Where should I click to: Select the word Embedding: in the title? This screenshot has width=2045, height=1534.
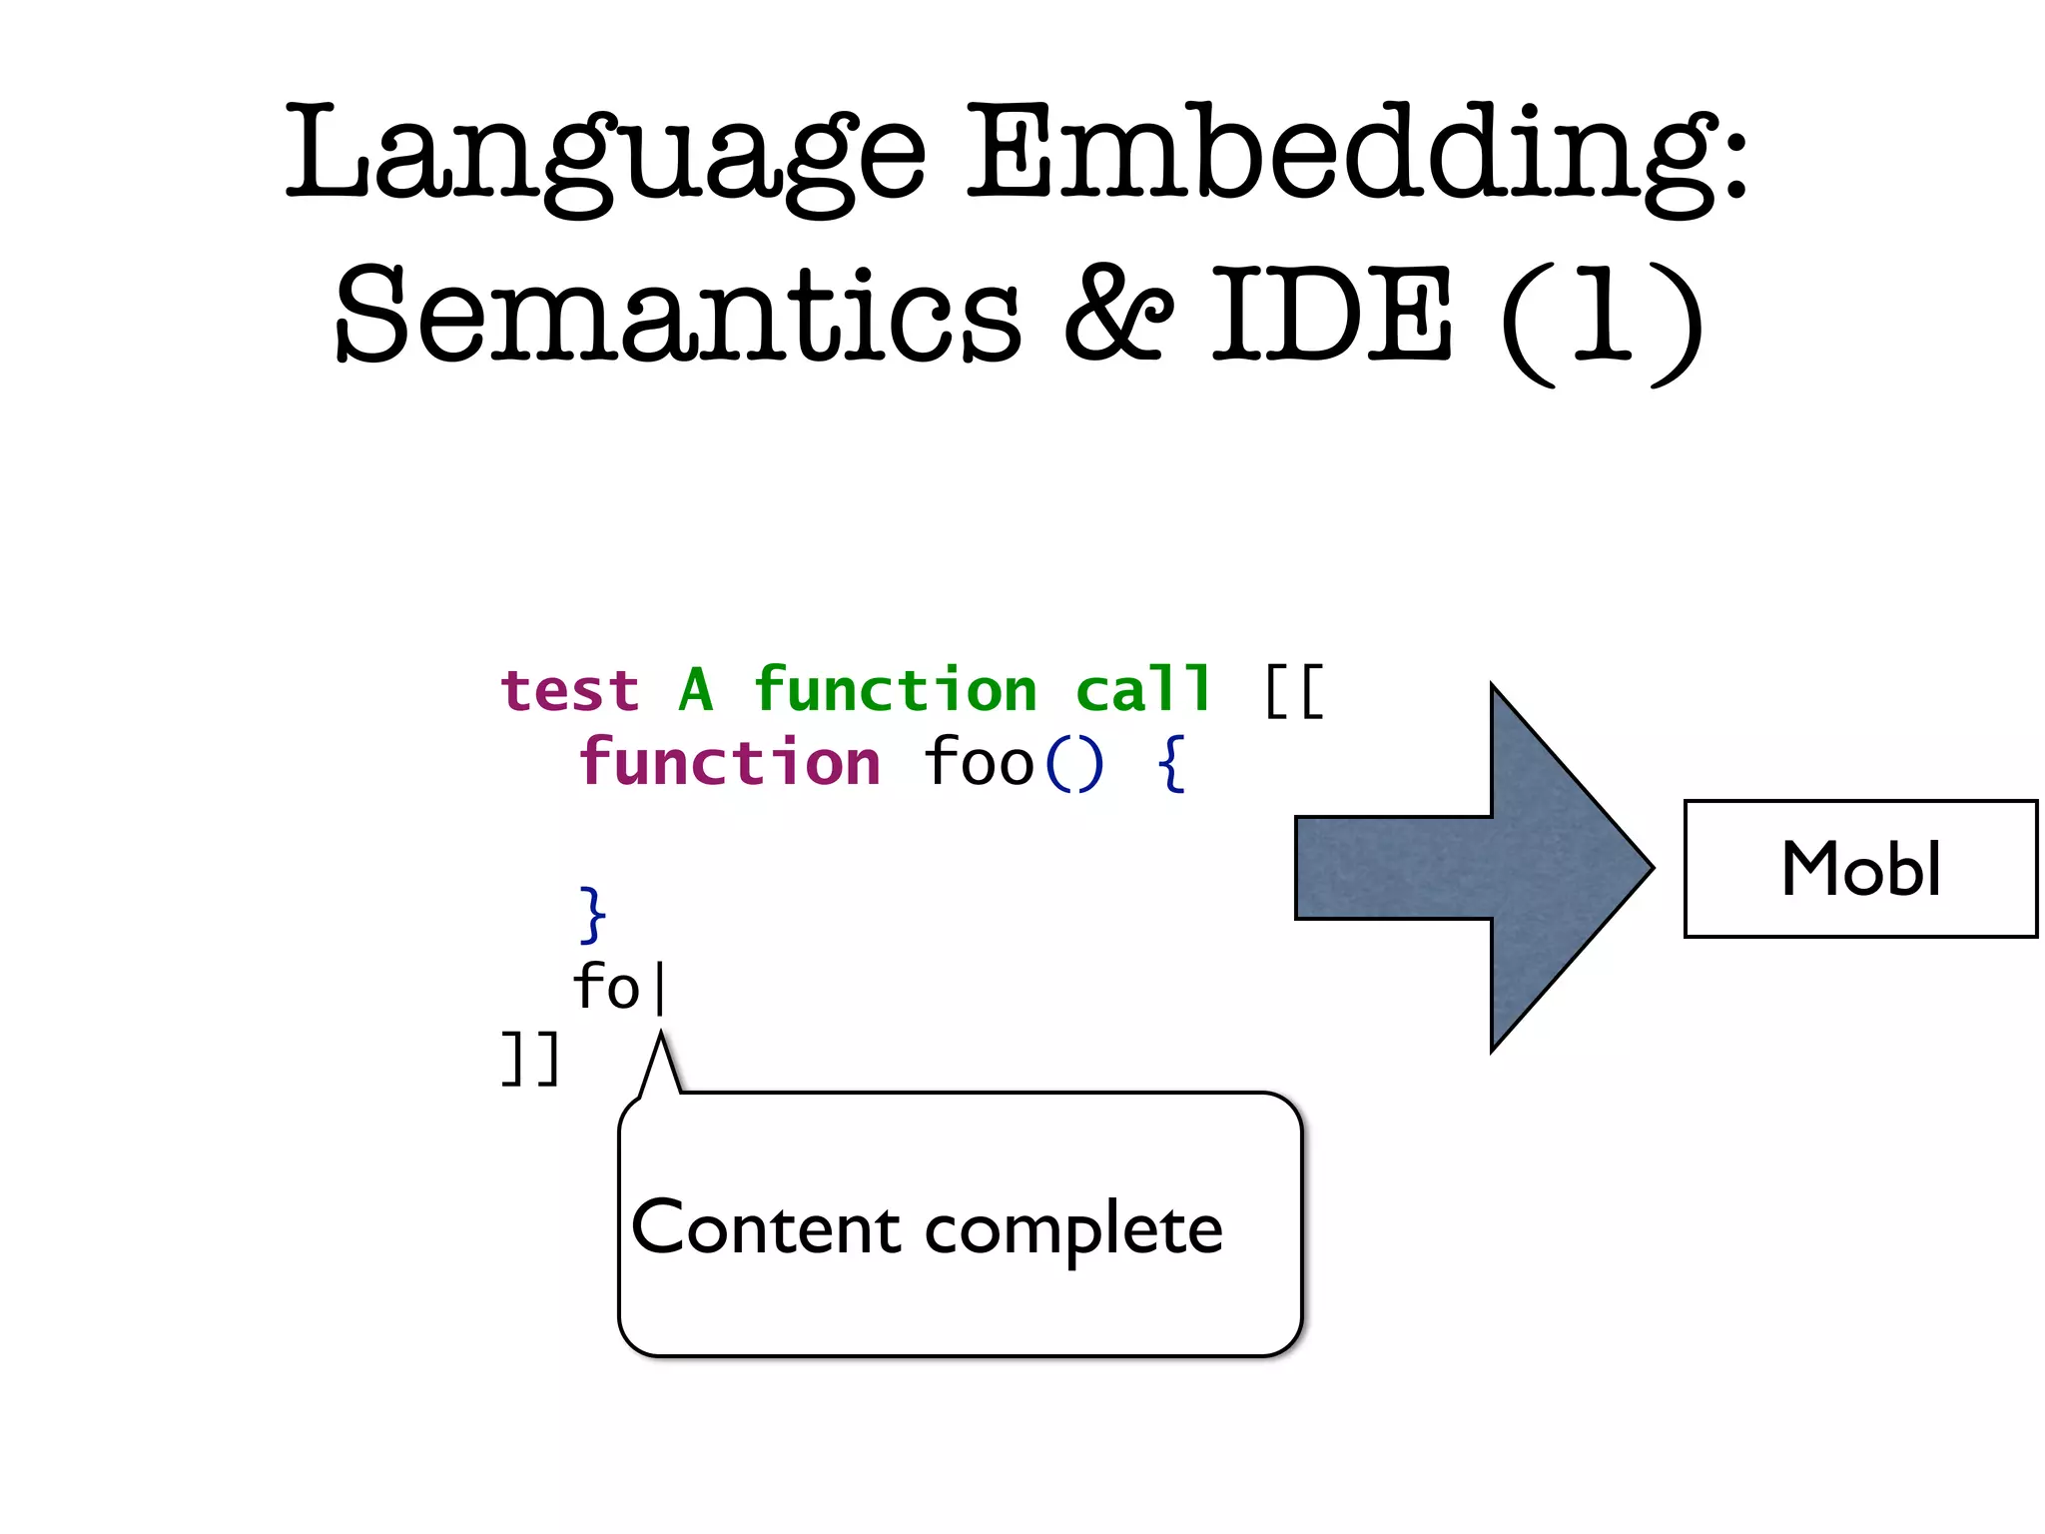(x=1358, y=155)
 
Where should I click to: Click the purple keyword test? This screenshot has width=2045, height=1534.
(x=570, y=691)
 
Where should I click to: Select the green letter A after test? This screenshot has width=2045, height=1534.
(x=696, y=691)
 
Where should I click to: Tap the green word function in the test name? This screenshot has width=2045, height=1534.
(x=896, y=691)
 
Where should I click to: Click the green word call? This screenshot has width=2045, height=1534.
(x=1143, y=691)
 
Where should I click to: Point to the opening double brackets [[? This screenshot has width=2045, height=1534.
(x=1294, y=691)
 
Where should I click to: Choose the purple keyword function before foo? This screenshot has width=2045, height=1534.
(x=730, y=764)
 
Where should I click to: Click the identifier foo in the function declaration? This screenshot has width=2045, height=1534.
(x=978, y=764)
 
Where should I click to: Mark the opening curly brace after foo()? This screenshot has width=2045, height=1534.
(x=1171, y=764)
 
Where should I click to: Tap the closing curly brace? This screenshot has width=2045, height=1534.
(x=592, y=914)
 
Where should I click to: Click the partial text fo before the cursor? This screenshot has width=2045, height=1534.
(x=606, y=987)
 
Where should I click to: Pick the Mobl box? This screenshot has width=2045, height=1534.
(x=1860, y=869)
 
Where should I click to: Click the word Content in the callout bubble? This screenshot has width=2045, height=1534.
(x=766, y=1228)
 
